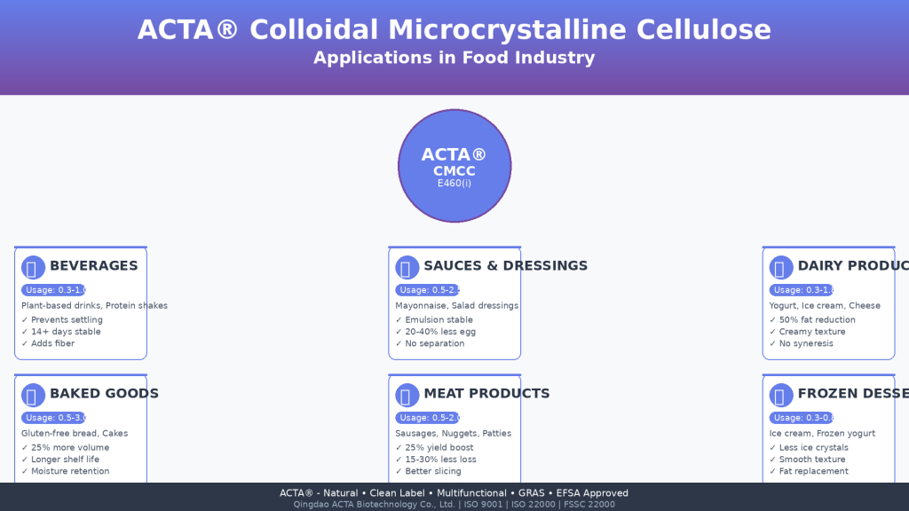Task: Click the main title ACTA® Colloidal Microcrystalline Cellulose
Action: (x=454, y=30)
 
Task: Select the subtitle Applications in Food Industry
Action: (x=454, y=59)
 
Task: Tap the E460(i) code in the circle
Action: (x=454, y=184)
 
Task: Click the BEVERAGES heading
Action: (x=93, y=266)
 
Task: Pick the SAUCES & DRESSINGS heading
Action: (x=505, y=266)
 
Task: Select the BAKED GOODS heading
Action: (x=104, y=394)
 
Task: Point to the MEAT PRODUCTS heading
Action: (x=486, y=394)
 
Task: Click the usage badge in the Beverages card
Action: (x=54, y=290)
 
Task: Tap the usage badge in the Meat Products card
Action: (x=428, y=418)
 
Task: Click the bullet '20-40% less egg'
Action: (x=440, y=332)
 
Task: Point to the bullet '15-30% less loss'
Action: (x=440, y=460)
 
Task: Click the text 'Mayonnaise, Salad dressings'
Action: (x=456, y=306)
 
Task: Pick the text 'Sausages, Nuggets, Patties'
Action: (x=453, y=434)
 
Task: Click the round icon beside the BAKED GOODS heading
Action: (x=33, y=396)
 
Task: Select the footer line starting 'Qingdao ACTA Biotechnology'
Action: (x=454, y=505)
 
